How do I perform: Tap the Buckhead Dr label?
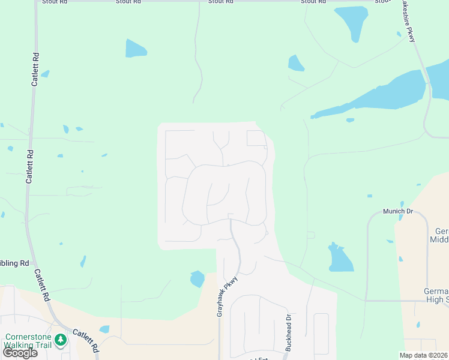(288, 332)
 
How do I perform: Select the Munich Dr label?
(398, 212)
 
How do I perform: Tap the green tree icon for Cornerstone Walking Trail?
(60, 340)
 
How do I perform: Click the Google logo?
(19, 353)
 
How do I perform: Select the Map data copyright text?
(423, 355)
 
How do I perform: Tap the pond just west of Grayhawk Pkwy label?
(197, 279)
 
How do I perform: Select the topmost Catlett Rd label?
(36, 70)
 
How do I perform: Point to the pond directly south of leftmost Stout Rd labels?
(135, 49)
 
